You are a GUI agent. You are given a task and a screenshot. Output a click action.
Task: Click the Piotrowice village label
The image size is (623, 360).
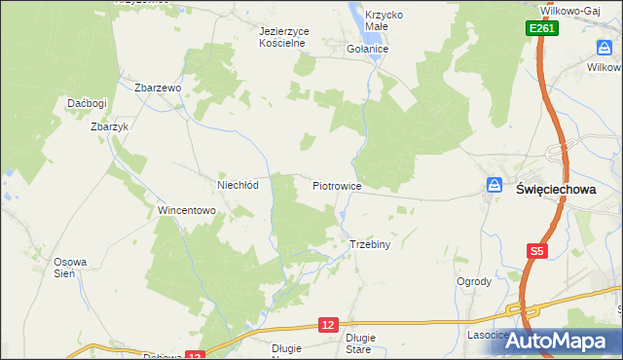[337, 185]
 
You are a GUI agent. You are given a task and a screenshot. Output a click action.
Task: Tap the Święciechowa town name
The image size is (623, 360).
[555, 191]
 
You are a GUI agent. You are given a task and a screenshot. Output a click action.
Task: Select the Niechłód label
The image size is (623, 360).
[237, 185]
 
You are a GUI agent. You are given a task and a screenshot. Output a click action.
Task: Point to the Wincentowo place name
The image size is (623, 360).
[186, 210]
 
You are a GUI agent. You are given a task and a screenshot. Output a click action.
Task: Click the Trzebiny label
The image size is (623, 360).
[369, 245]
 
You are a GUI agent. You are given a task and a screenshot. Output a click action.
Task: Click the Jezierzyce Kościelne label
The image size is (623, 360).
[284, 37]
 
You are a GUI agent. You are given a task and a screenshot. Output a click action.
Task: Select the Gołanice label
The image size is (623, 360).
[368, 49]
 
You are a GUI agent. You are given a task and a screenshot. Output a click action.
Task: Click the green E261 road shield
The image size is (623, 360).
[543, 30]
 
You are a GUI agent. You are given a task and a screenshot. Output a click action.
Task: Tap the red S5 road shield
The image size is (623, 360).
[536, 251]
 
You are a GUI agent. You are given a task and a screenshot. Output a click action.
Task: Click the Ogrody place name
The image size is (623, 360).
[473, 282]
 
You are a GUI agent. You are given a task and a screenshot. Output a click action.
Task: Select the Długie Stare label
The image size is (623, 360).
[359, 342]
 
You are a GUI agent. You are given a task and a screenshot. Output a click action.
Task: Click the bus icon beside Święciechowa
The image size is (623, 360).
[495, 185]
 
